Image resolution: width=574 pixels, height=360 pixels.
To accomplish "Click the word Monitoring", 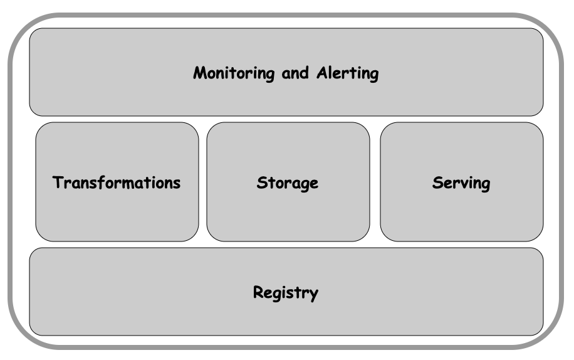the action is tap(234, 73).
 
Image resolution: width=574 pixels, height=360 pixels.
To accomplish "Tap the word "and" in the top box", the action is tap(295, 73).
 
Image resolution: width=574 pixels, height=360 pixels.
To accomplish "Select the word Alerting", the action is tap(348, 73).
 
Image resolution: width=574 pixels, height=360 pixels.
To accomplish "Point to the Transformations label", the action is tap(117, 183).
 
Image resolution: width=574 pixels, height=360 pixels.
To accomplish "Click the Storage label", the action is tap(288, 183).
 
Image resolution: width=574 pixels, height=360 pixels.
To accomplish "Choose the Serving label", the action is tap(461, 183).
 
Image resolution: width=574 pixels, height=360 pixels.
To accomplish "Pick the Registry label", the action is tap(286, 293).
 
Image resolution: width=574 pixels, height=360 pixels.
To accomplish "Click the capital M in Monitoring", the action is tap(201, 73).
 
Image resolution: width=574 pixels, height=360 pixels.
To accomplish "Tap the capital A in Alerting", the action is tap(323, 73).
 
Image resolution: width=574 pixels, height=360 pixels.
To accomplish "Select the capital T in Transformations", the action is tap(58, 183).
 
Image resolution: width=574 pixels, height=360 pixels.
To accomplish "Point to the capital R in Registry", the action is tap(258, 292).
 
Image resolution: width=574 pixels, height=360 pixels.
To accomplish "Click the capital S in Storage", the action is tap(262, 183).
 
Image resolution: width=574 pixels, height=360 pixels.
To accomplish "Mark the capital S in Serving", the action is tap(437, 183).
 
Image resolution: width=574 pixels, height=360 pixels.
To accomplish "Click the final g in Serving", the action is tap(486, 186).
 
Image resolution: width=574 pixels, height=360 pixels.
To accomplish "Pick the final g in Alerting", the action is tap(374, 76).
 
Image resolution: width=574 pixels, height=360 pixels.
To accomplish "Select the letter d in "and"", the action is tap(304, 73).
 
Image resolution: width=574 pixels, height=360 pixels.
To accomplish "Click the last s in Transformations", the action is tap(177, 184).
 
